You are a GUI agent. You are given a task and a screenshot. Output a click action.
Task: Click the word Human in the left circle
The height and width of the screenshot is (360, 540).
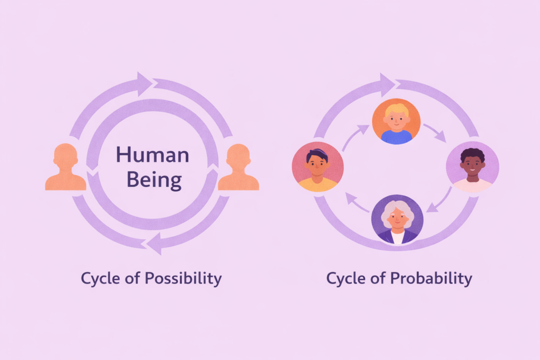click(152, 154)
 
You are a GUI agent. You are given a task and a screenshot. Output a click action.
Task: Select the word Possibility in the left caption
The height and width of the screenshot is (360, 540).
click(183, 278)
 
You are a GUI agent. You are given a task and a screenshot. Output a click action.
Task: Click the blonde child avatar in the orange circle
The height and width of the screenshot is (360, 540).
click(396, 121)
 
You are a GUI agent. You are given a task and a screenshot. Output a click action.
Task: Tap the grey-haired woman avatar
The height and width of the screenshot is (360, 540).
click(397, 220)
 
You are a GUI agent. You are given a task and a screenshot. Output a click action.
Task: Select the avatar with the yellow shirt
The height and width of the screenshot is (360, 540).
click(317, 167)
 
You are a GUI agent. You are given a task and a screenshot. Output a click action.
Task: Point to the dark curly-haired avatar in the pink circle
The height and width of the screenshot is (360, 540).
click(472, 167)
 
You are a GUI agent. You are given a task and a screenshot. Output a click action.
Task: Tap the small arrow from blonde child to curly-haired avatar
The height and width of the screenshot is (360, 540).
click(435, 132)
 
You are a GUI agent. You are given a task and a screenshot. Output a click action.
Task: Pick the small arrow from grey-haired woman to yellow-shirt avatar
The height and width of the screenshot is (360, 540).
click(357, 203)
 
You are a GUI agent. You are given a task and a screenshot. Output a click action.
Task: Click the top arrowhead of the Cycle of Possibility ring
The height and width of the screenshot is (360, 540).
click(144, 84)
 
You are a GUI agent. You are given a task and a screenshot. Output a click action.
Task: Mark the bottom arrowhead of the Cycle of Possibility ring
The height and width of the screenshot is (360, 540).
click(154, 244)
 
